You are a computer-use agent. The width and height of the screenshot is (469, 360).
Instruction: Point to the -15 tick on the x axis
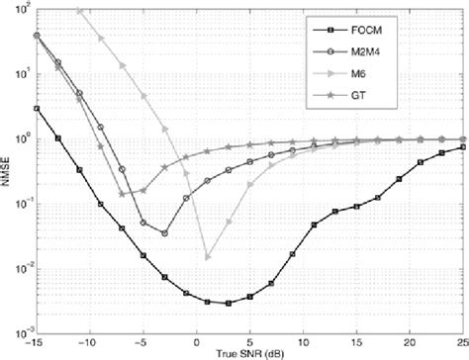[37, 341]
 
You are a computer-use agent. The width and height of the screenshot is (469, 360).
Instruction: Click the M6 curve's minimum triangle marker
[207, 257]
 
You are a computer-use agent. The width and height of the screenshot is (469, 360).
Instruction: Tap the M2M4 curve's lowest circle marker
[164, 233]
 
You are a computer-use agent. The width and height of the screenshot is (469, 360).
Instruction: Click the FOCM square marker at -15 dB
[37, 109]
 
